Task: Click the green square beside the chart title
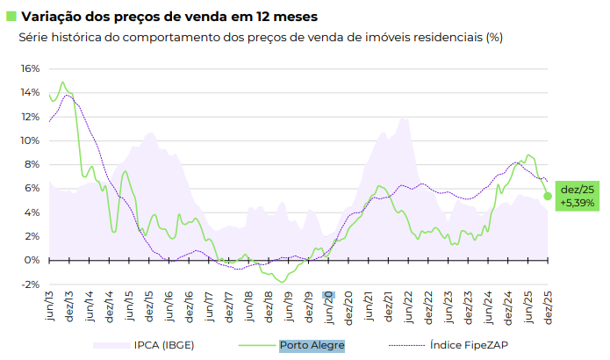[11, 16]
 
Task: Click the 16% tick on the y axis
[30, 68]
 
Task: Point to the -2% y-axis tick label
[30, 284]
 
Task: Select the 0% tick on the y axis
[32, 260]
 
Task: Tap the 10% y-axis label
[30, 140]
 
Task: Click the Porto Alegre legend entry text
[312, 345]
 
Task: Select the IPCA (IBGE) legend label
[163, 345]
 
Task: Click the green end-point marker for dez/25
[548, 196]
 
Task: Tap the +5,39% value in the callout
[578, 203]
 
